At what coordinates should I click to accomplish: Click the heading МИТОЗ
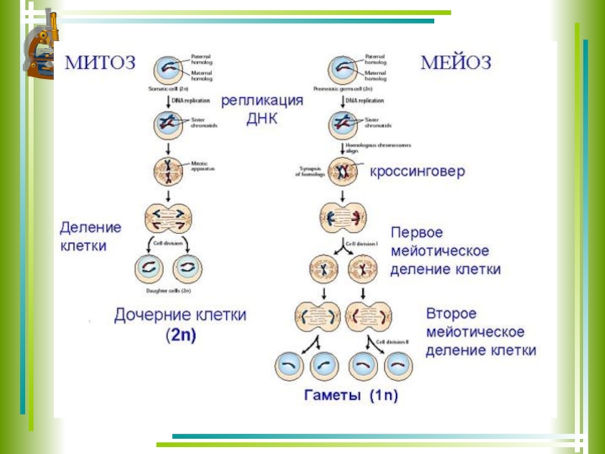pyautogui.click(x=100, y=61)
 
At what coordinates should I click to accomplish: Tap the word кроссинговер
pyautogui.click(x=417, y=172)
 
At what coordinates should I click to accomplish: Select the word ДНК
pyautogui.click(x=262, y=119)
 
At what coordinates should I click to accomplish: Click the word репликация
pyautogui.click(x=262, y=101)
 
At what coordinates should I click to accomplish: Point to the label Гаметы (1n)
pyautogui.click(x=350, y=395)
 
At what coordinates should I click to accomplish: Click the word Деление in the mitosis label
pyautogui.click(x=92, y=226)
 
